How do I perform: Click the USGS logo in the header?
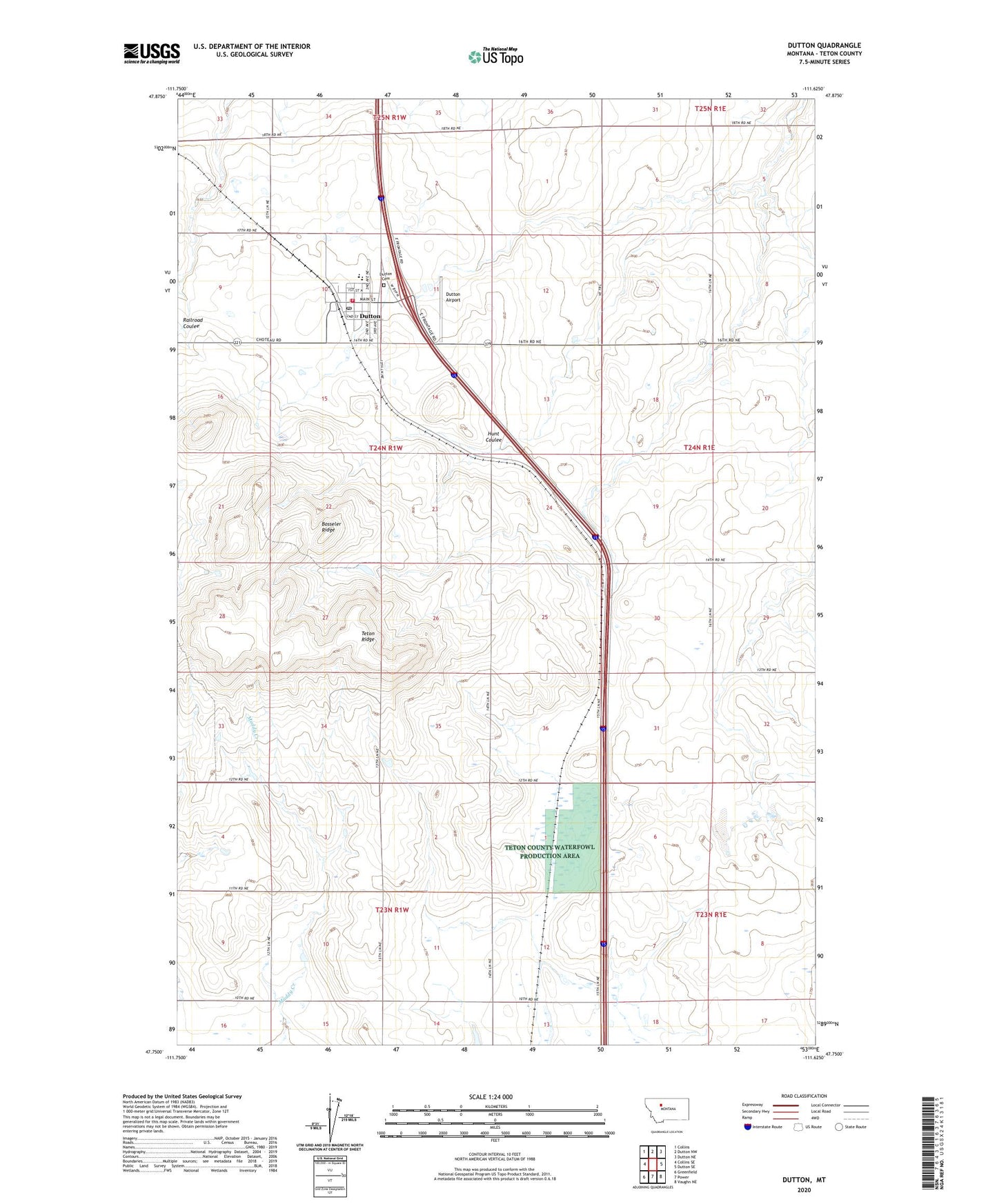click(x=152, y=52)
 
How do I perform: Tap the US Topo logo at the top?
click(x=495, y=57)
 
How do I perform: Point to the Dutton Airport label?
click(x=453, y=297)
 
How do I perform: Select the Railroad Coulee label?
click(x=193, y=323)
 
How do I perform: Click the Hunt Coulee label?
click(x=493, y=437)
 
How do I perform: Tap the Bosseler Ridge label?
click(x=331, y=526)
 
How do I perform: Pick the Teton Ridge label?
click(x=368, y=636)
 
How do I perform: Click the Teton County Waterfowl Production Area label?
click(x=549, y=851)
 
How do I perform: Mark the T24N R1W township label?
click(x=385, y=448)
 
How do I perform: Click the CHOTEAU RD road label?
click(x=268, y=341)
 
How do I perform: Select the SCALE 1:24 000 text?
click(x=491, y=1096)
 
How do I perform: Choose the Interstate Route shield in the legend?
click(x=749, y=1127)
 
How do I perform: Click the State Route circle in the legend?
click(x=839, y=1127)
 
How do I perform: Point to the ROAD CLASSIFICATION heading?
click(x=804, y=1096)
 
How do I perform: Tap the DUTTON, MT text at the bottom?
click(x=804, y=1180)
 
